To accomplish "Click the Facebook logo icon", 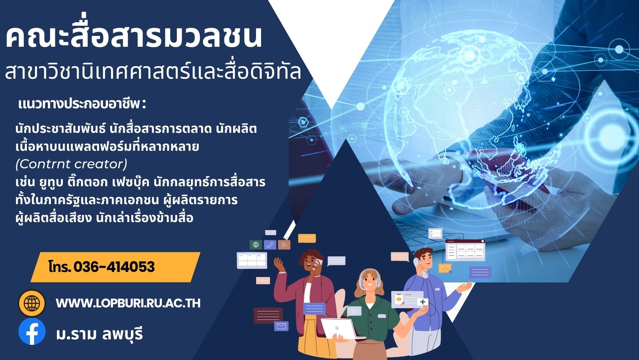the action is tap(32, 332).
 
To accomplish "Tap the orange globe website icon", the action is tap(32, 303).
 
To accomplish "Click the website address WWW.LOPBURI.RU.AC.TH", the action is tap(128, 303).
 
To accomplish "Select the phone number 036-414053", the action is tap(114, 267).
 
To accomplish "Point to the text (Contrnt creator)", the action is tap(71, 164).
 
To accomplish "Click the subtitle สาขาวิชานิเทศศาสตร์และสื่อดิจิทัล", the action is tap(153, 71).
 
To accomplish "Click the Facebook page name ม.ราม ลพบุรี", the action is tap(99, 334).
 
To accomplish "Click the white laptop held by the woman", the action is tap(339, 328).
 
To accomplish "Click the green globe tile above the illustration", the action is tap(256, 244).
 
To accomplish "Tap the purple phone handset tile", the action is tap(270, 244).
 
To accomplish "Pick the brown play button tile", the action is tap(284, 245).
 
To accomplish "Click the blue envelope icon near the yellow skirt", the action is tap(281, 326).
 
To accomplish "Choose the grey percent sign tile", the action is tap(354, 311).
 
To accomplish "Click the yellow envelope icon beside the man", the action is tap(445, 268).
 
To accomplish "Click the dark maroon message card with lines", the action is tap(268, 316).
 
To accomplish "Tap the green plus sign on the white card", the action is tap(422, 302).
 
